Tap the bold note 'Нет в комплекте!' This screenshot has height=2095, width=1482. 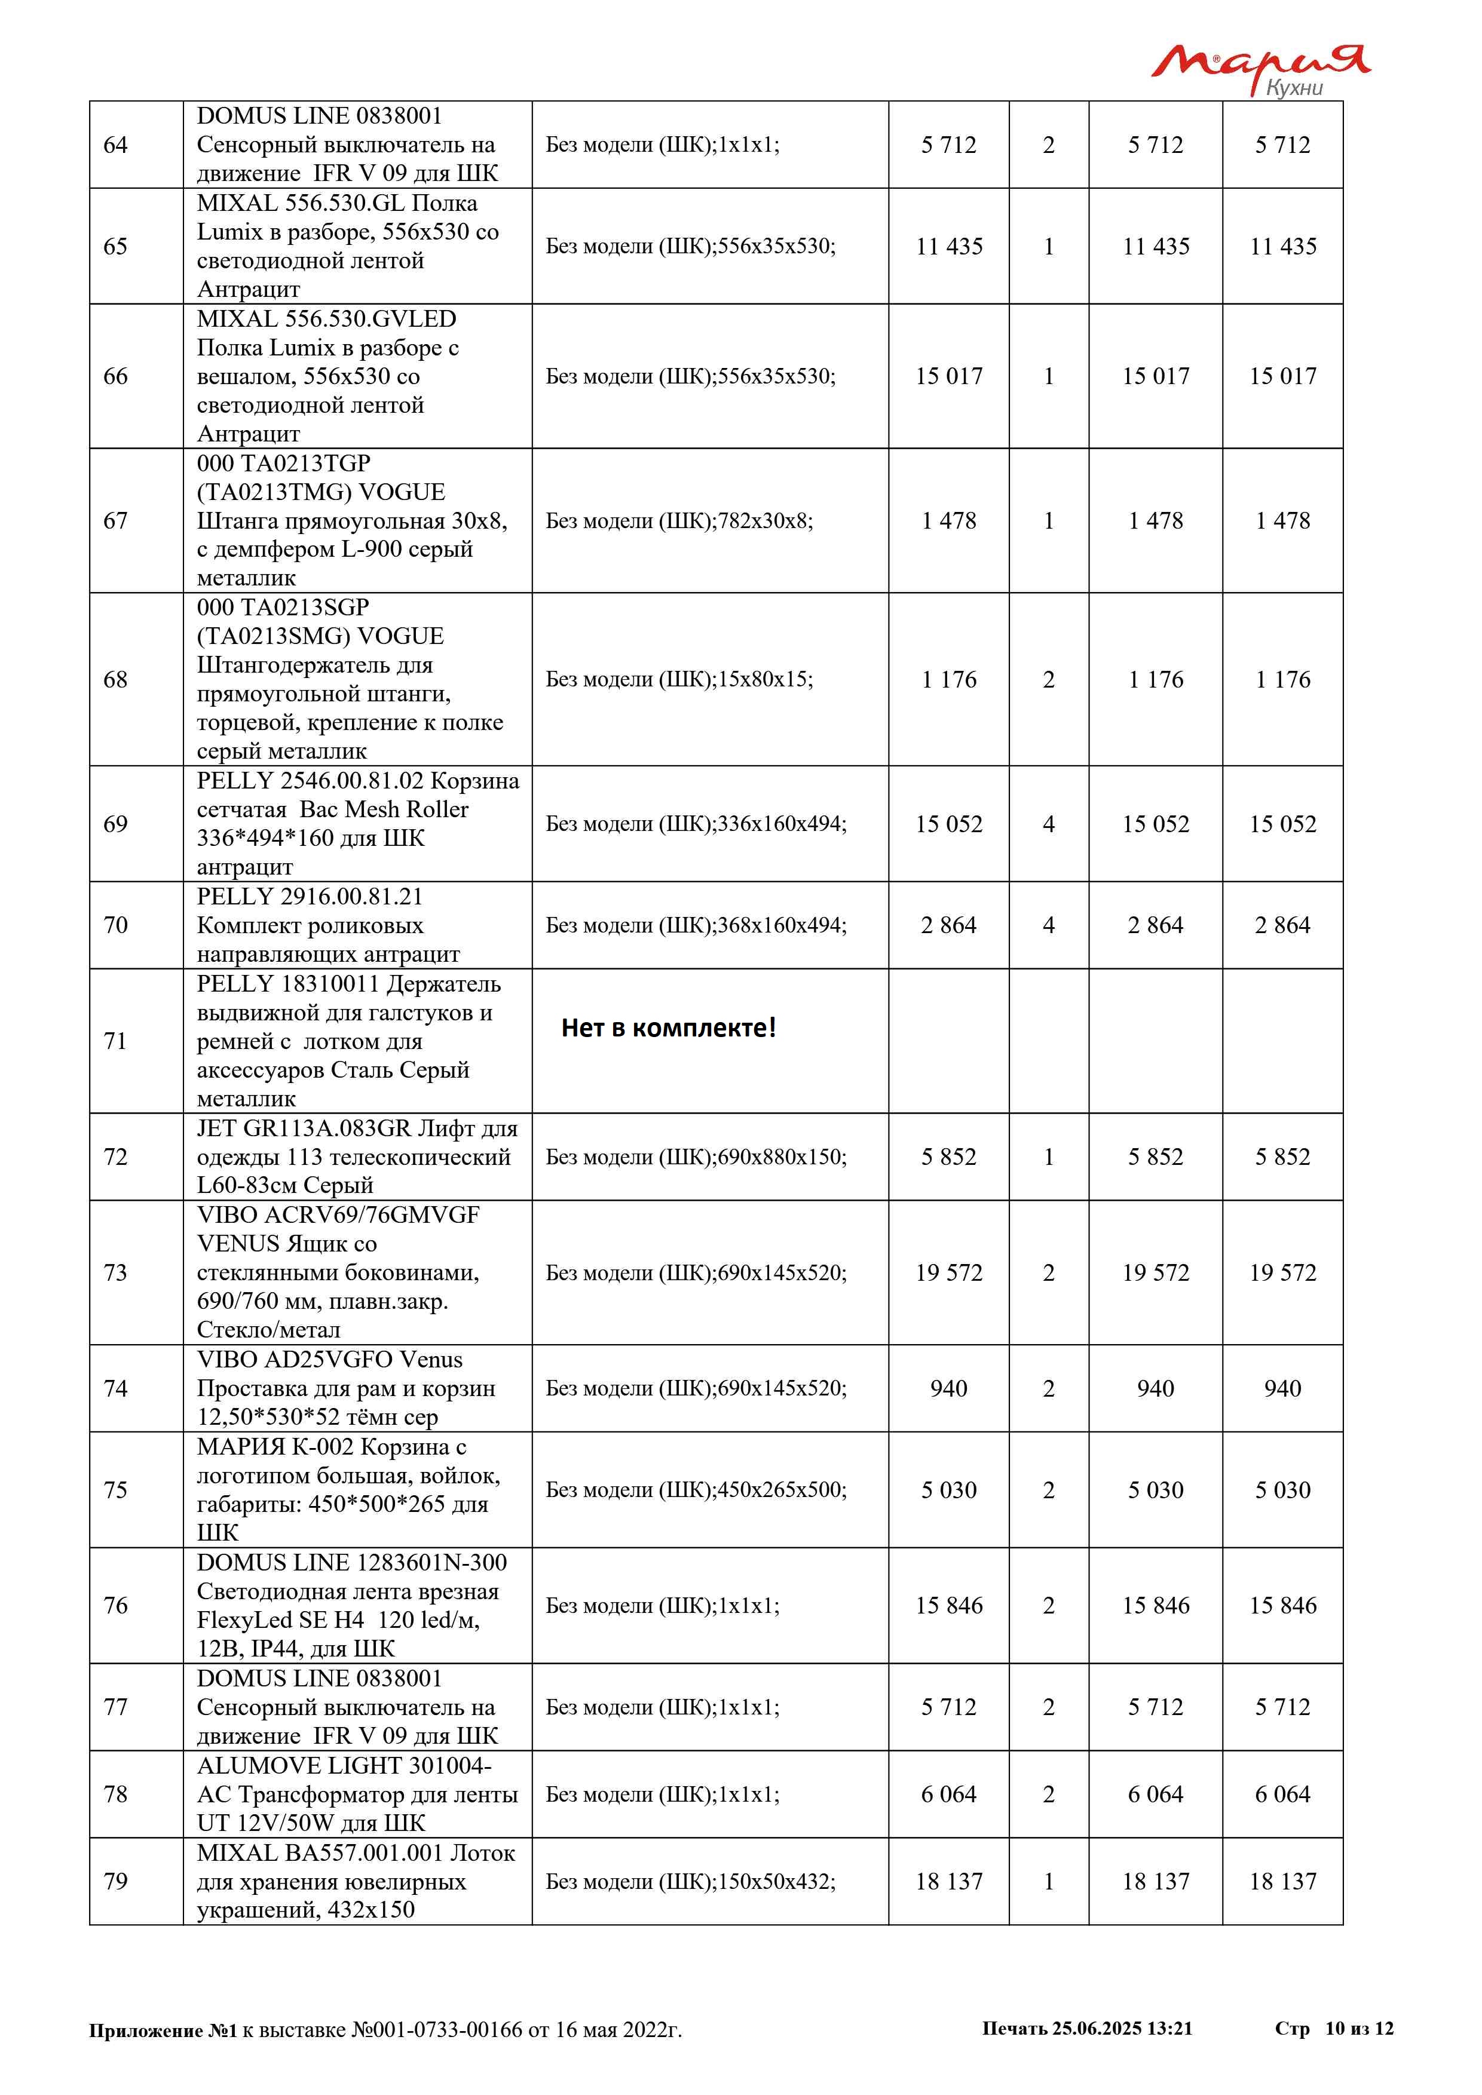668,1028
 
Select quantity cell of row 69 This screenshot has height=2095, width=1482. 1049,824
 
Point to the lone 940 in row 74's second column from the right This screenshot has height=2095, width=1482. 1155,1389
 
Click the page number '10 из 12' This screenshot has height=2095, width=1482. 1359,2028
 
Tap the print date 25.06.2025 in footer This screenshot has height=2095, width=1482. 1096,2028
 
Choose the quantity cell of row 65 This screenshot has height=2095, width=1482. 1049,246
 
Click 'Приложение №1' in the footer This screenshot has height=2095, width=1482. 163,2030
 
